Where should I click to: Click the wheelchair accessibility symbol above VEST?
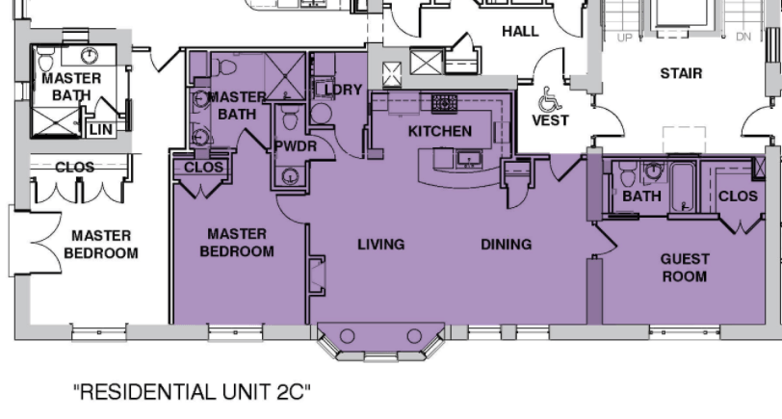[549, 99]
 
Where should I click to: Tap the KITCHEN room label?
[440, 131]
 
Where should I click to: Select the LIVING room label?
[381, 245]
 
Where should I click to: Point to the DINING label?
[507, 245]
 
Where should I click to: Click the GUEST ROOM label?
[685, 268]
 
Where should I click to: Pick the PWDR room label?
[296, 146]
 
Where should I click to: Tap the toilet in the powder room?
[290, 118]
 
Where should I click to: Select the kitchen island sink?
[469, 160]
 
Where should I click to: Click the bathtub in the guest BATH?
[682, 187]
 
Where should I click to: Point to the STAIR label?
[681, 73]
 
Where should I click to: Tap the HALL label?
[520, 32]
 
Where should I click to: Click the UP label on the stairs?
[624, 38]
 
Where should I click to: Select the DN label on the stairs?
[743, 37]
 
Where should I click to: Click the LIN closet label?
[101, 130]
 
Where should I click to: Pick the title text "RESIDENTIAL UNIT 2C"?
[192, 392]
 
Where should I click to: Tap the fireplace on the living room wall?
[318, 275]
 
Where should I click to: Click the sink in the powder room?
[290, 175]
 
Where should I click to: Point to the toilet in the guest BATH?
[627, 173]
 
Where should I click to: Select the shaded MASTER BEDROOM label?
[237, 243]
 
